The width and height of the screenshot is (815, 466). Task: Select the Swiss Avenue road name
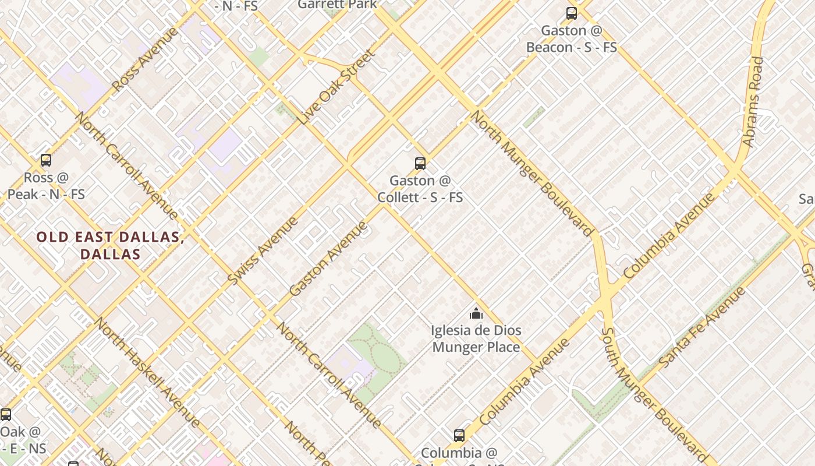pos(263,250)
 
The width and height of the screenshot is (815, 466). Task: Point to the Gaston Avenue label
pos(329,257)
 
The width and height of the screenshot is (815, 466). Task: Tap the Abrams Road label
pos(752,101)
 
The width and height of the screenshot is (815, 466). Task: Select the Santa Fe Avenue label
pos(702,327)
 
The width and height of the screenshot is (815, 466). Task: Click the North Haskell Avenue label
pos(147,372)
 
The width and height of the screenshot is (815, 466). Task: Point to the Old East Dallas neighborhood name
pos(110,245)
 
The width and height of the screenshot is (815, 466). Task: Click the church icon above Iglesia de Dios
pos(476,314)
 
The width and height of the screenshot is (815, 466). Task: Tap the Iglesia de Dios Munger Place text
pos(476,339)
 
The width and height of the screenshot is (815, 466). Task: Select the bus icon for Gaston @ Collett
pos(420,163)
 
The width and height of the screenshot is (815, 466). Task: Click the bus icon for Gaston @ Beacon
pos(572,13)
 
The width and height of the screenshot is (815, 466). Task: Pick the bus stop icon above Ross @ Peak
pos(46,160)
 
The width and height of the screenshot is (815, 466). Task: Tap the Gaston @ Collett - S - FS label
pos(420,189)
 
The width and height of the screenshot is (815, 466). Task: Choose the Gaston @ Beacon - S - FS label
pos(571,39)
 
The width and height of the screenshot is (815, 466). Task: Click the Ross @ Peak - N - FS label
pos(46,186)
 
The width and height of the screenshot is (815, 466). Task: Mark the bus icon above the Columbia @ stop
pos(459,435)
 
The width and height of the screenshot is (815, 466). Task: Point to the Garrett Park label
pos(337,5)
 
